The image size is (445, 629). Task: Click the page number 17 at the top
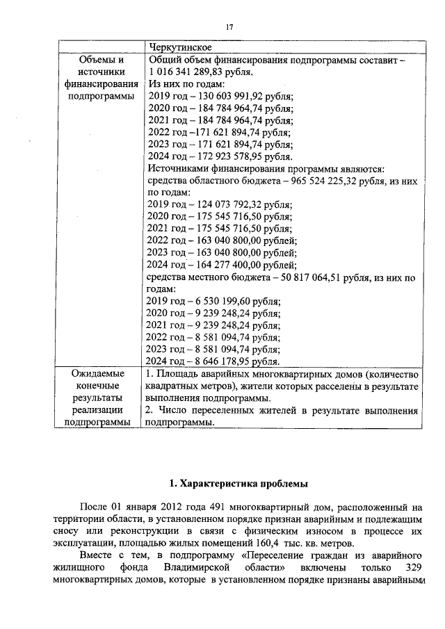coord(228,27)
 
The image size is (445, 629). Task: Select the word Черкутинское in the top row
coord(181,47)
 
